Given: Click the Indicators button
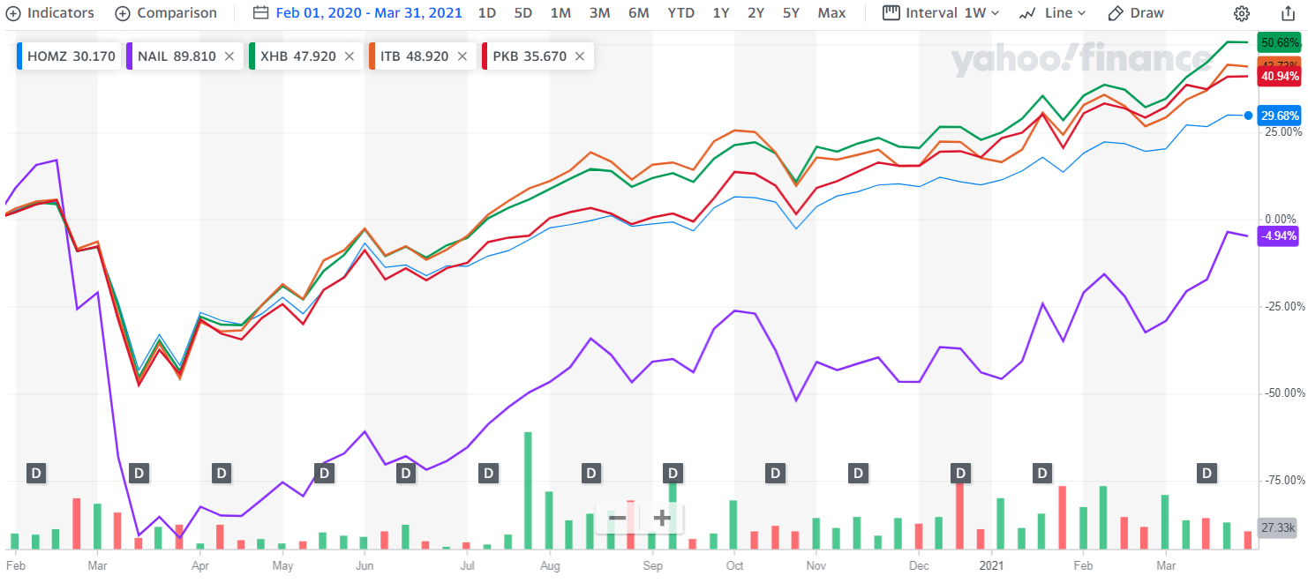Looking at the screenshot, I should coord(50,13).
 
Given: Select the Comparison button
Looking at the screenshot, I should coord(166,13).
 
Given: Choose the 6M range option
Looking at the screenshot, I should coord(639,13).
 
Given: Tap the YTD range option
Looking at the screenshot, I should coord(680,13).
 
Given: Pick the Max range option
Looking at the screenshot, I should coord(831,13).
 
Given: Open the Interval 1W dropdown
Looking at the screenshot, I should coord(941,13).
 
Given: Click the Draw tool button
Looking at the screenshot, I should coord(1136,13).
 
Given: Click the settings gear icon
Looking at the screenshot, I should coord(1242,13).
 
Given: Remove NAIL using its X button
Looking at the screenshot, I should coord(229,56).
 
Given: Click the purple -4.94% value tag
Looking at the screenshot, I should coord(1279,235).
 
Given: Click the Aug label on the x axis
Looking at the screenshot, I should coord(550,565).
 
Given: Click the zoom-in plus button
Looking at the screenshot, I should coord(662,518).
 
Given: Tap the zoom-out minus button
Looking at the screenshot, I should coord(617,518).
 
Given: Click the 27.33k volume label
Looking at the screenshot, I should coord(1278,527).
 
